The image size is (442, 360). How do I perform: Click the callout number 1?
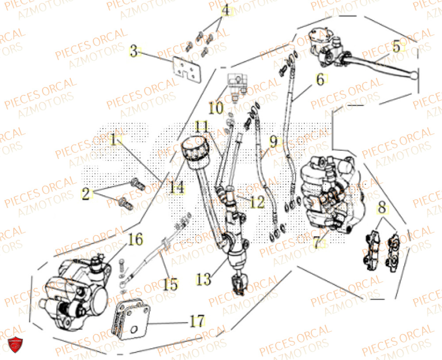(115, 140)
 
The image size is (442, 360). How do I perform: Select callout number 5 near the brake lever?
(396, 46)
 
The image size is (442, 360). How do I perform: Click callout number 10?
(217, 107)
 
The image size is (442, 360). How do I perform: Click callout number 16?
(136, 240)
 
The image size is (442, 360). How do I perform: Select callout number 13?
(205, 279)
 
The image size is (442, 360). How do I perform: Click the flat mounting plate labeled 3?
(186, 69)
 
